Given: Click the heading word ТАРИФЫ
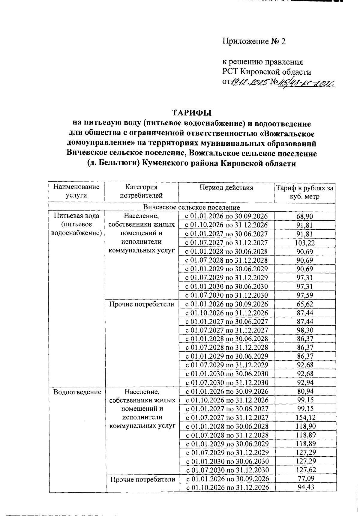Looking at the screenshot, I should [191, 113].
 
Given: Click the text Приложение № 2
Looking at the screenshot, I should [254, 41].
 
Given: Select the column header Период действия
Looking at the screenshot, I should [226, 188].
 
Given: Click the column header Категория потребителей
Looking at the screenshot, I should [141, 192].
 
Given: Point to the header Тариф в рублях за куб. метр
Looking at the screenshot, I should [304, 192].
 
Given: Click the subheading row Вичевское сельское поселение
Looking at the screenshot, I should [191, 207].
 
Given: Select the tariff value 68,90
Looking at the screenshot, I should [304, 216].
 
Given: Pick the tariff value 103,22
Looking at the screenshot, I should [304, 243].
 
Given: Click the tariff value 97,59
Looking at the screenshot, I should [304, 295].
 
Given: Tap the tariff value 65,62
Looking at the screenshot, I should [304, 304].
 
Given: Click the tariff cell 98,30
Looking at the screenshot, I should [304, 330].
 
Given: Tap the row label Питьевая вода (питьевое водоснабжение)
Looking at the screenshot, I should [77, 224].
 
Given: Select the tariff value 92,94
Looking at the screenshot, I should [304, 383].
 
